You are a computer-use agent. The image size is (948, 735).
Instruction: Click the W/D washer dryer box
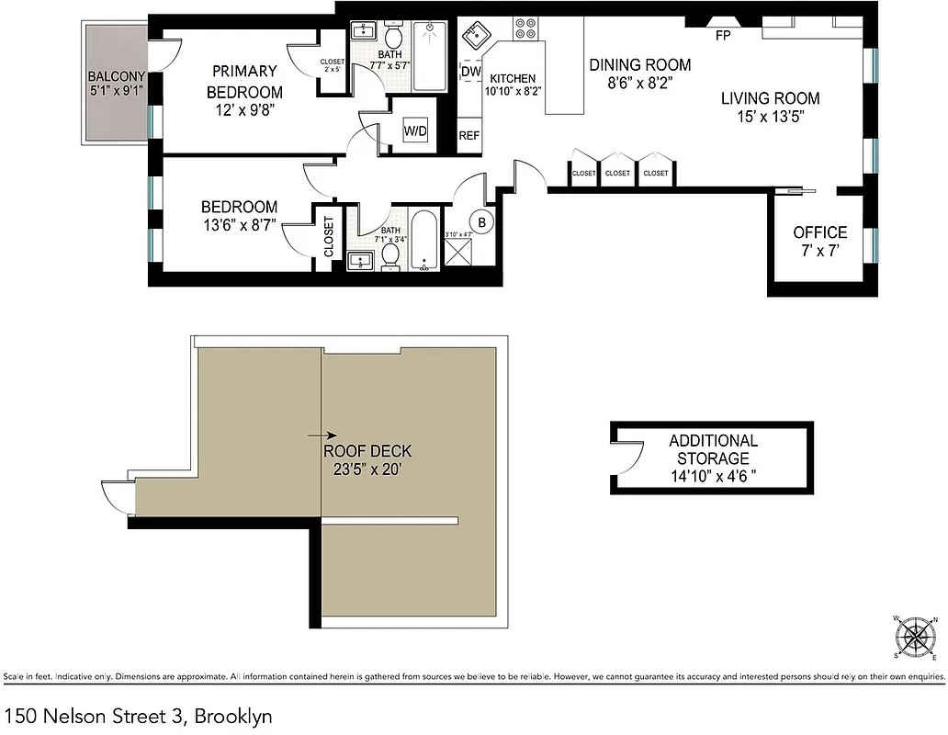click(416, 131)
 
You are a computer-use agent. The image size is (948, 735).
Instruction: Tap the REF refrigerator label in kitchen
click(469, 136)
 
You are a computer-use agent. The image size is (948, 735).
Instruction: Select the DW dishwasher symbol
click(470, 72)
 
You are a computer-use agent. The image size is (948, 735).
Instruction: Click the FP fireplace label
click(723, 36)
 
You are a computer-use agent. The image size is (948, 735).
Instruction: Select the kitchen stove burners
click(527, 29)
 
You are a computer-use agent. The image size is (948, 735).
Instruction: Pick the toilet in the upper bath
click(394, 37)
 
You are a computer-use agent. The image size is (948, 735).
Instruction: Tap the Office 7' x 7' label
click(820, 241)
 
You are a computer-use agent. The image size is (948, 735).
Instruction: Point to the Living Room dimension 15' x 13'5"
click(770, 117)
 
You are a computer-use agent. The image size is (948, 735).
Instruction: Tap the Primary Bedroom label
click(244, 82)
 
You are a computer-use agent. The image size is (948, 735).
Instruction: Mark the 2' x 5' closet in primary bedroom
click(332, 65)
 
